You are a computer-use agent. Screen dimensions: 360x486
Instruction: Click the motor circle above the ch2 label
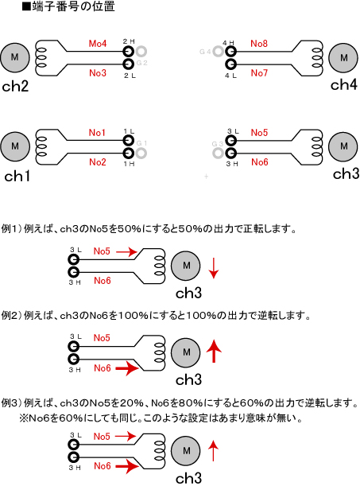click(15, 57)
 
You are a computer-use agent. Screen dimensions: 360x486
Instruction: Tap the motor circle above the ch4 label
click(343, 57)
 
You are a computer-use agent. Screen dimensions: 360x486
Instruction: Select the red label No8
click(259, 44)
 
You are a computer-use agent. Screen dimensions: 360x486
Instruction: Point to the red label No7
click(259, 73)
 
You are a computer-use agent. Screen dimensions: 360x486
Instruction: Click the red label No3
click(98, 73)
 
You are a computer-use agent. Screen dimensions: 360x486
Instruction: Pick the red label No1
click(97, 133)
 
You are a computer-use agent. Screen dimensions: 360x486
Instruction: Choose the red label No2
click(98, 161)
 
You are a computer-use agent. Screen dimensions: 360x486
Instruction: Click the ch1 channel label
click(17, 176)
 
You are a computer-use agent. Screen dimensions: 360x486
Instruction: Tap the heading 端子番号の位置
click(73, 6)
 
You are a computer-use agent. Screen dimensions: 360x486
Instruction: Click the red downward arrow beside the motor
click(214, 267)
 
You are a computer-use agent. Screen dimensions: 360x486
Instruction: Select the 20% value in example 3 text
click(131, 403)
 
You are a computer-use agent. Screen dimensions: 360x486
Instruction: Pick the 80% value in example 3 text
click(191, 403)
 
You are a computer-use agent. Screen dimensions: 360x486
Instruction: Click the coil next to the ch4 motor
click(316, 57)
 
